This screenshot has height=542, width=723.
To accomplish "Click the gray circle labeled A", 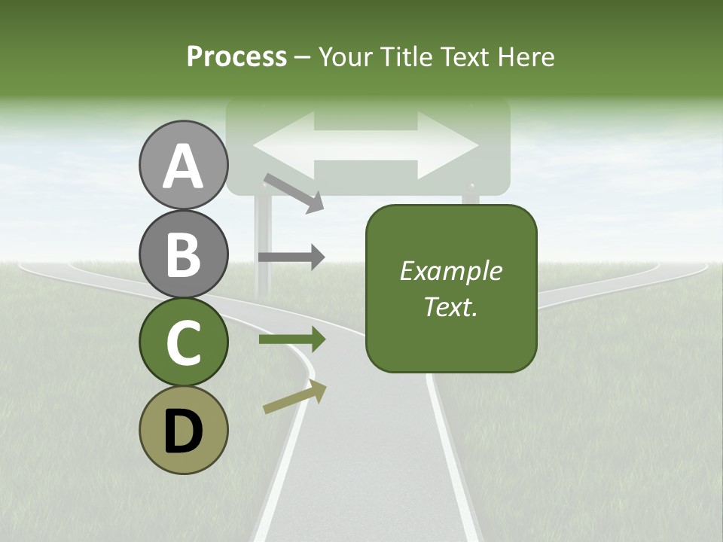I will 183,165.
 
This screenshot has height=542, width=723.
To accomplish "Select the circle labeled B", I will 183,254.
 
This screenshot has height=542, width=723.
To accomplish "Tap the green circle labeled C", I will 183,343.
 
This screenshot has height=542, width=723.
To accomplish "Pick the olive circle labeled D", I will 183,431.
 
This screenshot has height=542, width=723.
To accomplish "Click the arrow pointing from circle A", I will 294,193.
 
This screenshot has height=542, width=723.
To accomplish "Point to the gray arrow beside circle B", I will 291,257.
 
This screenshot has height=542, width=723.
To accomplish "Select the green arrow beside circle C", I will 291,340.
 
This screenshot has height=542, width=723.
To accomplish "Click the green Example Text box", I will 451,288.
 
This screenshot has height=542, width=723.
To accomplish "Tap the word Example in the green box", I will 451,271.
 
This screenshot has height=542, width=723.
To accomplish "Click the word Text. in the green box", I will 451,307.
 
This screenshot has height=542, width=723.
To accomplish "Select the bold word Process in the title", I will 236,56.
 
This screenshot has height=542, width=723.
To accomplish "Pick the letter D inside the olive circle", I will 183,432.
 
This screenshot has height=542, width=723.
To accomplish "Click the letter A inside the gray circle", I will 183,166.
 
